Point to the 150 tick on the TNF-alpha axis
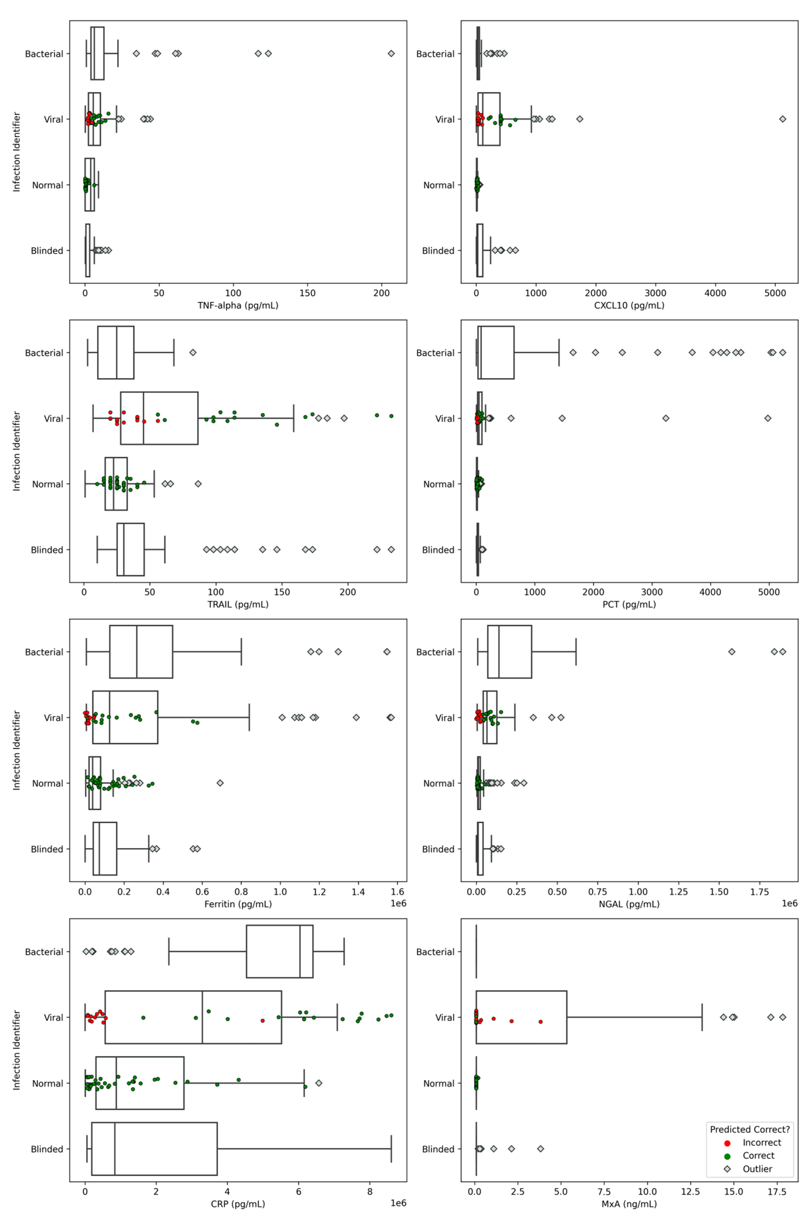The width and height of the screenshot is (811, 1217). point(307,293)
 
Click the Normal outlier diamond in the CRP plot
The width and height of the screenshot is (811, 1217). point(319,1083)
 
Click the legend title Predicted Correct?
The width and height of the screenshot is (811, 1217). point(750,1129)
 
